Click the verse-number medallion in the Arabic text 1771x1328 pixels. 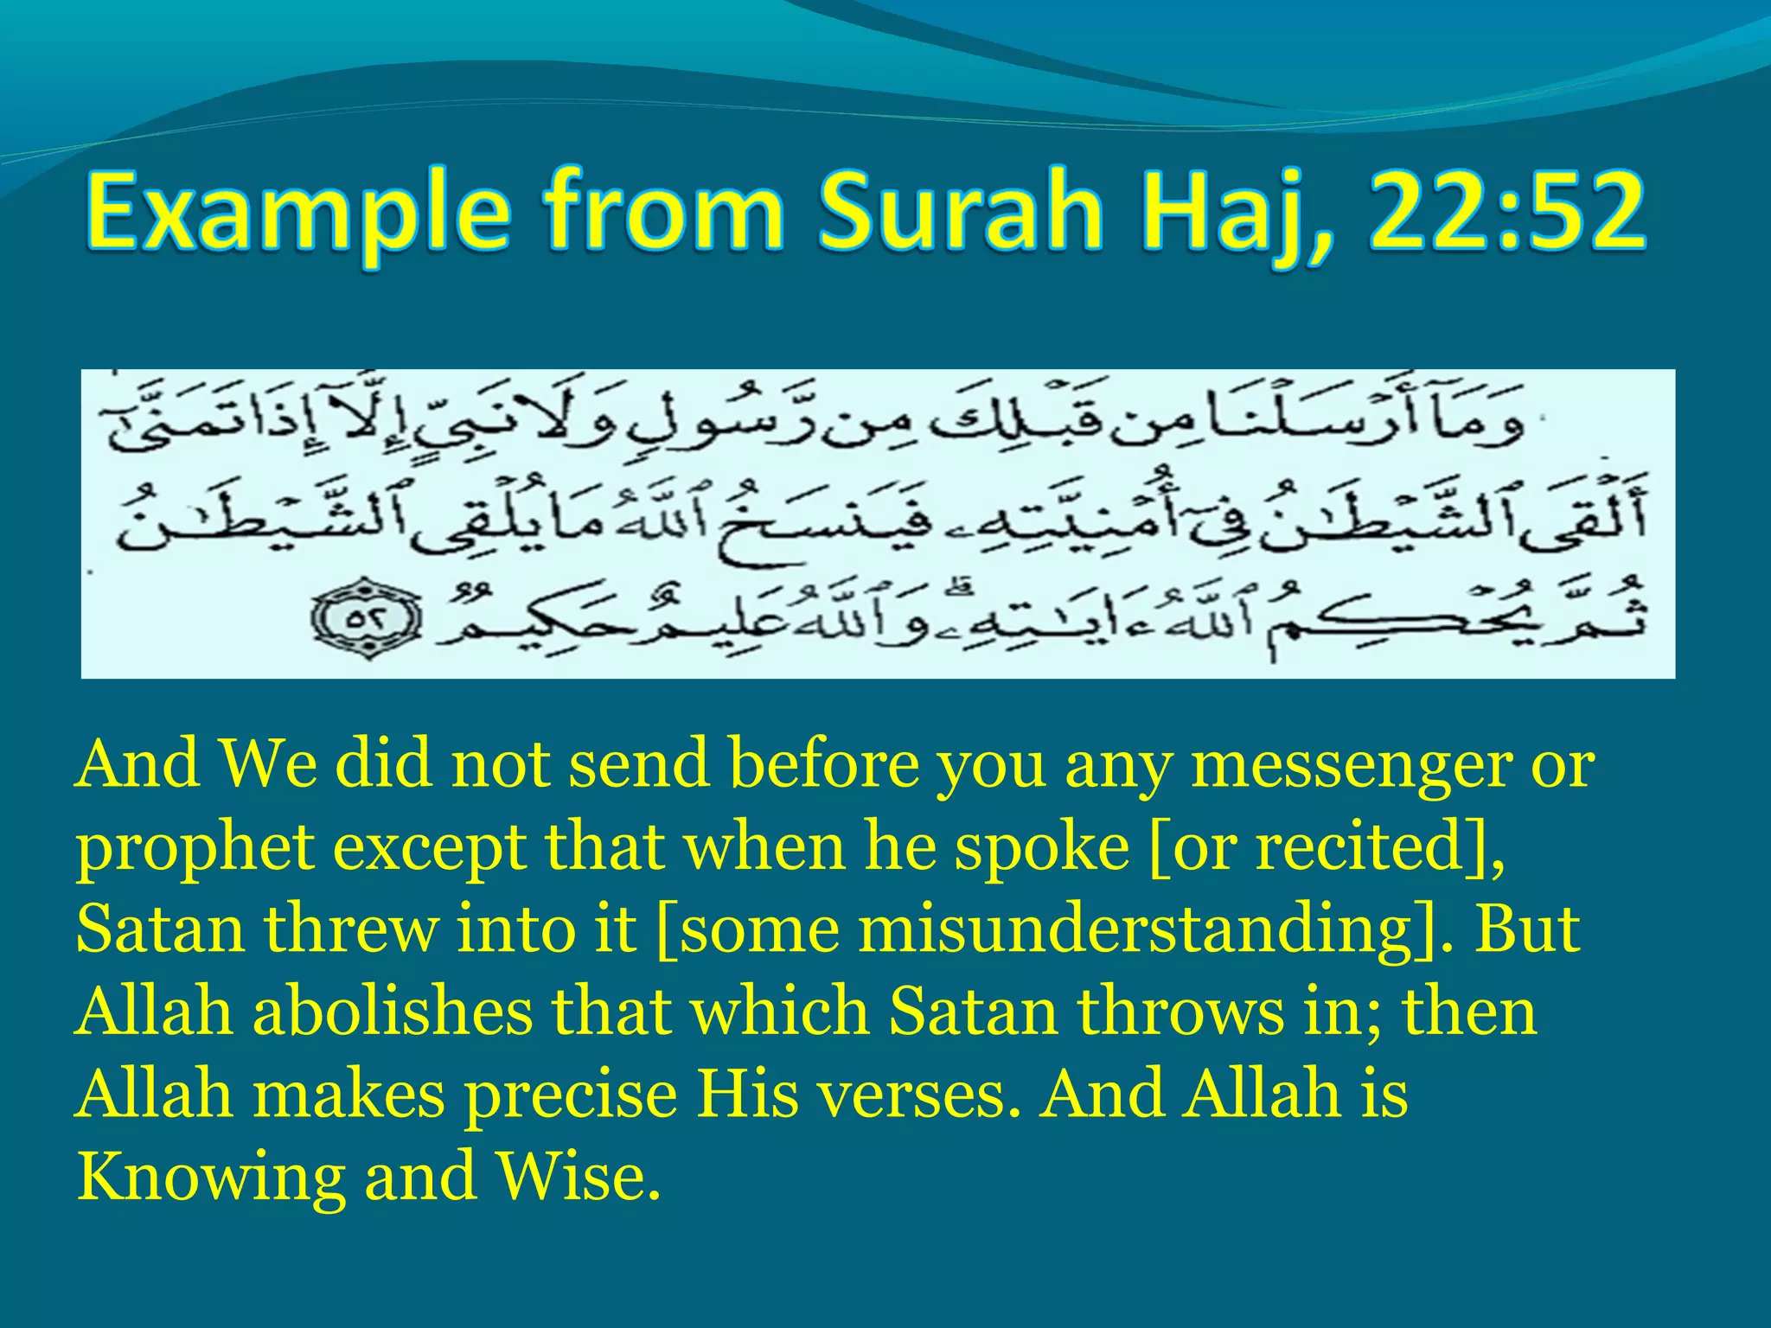point(368,619)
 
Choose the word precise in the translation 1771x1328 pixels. point(572,1094)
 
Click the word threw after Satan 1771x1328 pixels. point(351,929)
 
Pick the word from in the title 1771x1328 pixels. point(662,213)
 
